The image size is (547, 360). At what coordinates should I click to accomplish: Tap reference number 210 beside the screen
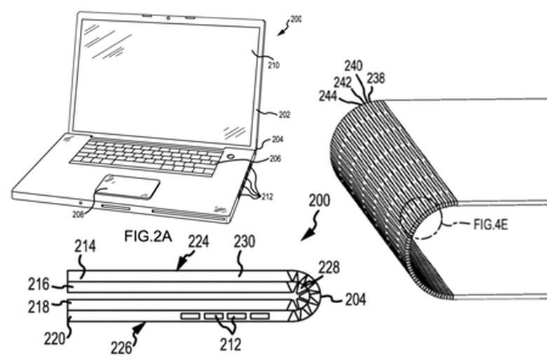(x=273, y=66)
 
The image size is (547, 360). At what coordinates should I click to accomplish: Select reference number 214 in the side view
(x=85, y=246)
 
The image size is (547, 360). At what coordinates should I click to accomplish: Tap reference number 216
(x=38, y=285)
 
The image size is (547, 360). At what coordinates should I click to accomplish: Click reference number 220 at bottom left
(x=53, y=338)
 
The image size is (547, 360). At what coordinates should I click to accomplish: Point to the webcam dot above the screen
(x=169, y=14)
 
